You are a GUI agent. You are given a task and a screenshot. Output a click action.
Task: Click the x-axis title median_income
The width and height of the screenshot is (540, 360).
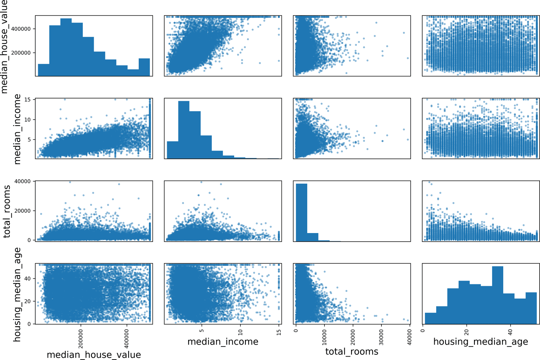223,342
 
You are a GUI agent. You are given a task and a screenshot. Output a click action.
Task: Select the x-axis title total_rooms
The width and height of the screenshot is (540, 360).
352,351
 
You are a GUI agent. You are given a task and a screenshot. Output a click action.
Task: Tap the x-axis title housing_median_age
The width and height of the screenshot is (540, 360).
480,342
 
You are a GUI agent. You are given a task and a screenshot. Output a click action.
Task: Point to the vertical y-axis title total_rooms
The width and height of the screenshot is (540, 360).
7,211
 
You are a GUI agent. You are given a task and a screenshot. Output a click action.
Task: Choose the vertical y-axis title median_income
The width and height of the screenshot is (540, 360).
17,129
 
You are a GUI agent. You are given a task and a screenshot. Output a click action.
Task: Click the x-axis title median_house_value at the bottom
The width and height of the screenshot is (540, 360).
94,355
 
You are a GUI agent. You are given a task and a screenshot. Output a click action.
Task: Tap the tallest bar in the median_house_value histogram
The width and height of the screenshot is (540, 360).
66,47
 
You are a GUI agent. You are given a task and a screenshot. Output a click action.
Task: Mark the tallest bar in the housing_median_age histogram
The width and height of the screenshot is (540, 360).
498,295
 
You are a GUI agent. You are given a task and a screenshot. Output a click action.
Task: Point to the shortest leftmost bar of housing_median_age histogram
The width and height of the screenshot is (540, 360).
431,318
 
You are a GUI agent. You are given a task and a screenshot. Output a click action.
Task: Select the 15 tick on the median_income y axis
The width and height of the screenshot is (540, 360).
28,100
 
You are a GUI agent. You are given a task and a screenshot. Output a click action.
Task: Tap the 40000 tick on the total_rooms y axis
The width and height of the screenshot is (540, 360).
22,181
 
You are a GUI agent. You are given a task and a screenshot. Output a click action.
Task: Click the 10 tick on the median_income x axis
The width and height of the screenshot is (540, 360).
241,331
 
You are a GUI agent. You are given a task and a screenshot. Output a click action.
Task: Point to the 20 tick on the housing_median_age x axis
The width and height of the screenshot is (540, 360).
467,331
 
